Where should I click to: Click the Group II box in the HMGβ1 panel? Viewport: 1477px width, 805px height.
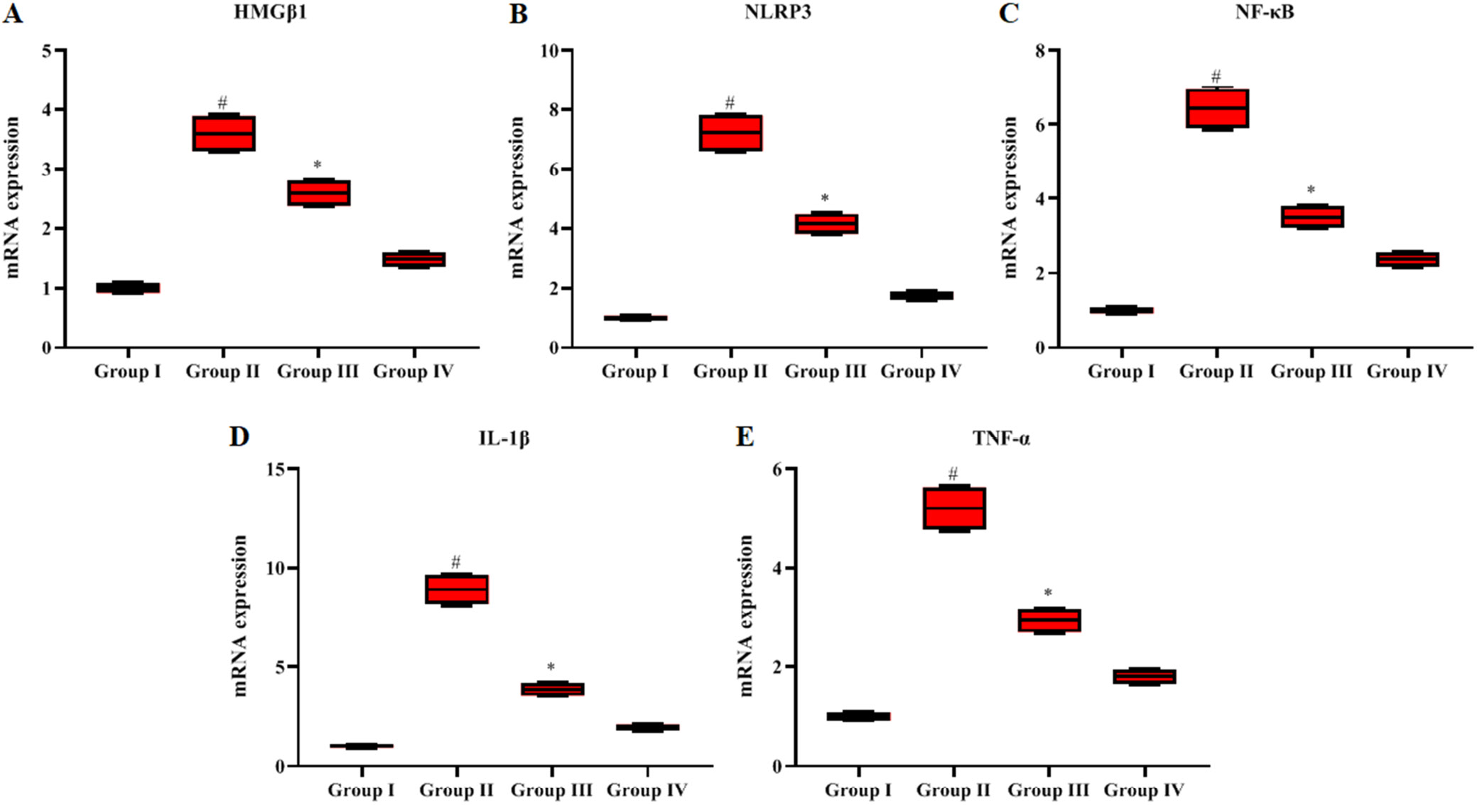point(223,133)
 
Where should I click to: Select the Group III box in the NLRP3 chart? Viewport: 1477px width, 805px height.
point(826,224)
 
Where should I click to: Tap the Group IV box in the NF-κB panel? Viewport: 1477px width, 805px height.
point(1407,259)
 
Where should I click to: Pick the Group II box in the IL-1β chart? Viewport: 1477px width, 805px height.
point(457,589)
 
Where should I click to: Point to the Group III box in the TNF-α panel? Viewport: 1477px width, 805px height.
point(1049,620)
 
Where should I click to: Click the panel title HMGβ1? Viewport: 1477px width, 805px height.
point(270,13)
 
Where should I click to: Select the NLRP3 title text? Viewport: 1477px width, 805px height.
point(777,13)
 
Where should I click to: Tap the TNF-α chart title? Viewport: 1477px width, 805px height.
point(1001,439)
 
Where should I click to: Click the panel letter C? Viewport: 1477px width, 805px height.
point(1009,13)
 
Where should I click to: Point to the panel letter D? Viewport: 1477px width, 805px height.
point(239,436)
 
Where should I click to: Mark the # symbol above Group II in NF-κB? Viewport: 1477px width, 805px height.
point(1216,76)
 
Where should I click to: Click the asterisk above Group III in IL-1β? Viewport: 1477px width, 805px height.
point(551,667)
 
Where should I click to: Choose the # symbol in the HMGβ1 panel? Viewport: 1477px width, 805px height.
point(222,103)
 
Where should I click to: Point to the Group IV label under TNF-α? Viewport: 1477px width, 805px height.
point(1144,790)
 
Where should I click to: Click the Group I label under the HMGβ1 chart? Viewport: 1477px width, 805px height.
point(128,371)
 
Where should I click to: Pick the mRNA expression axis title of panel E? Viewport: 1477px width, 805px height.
point(745,615)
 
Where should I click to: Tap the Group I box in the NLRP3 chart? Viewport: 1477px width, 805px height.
point(636,317)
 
